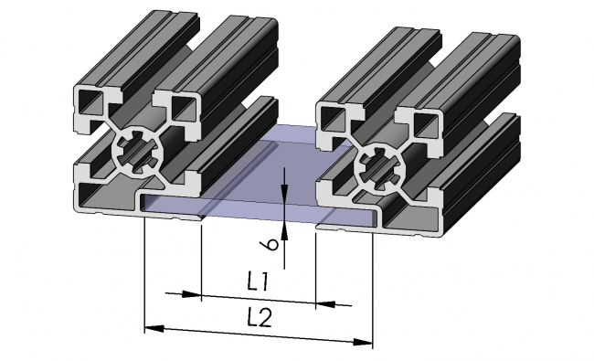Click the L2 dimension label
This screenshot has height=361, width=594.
tap(260, 318)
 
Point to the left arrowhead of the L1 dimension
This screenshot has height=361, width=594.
tap(192, 294)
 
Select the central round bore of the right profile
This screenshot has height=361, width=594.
tap(377, 165)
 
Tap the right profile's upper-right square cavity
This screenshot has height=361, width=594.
tap(422, 124)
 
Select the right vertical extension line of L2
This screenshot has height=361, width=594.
tap(373, 283)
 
